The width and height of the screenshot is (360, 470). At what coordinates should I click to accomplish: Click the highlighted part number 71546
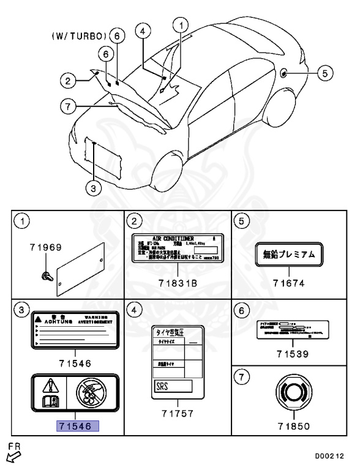[x=73, y=426]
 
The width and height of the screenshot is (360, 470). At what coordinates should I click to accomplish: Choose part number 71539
[x=288, y=354]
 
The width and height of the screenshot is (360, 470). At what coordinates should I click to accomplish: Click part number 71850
[x=288, y=425]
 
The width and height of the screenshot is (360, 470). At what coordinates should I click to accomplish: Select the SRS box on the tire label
[x=172, y=386]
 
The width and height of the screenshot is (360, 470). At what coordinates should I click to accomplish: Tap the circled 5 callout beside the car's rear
[x=326, y=73]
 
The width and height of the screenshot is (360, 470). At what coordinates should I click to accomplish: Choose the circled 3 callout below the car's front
[x=91, y=188]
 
